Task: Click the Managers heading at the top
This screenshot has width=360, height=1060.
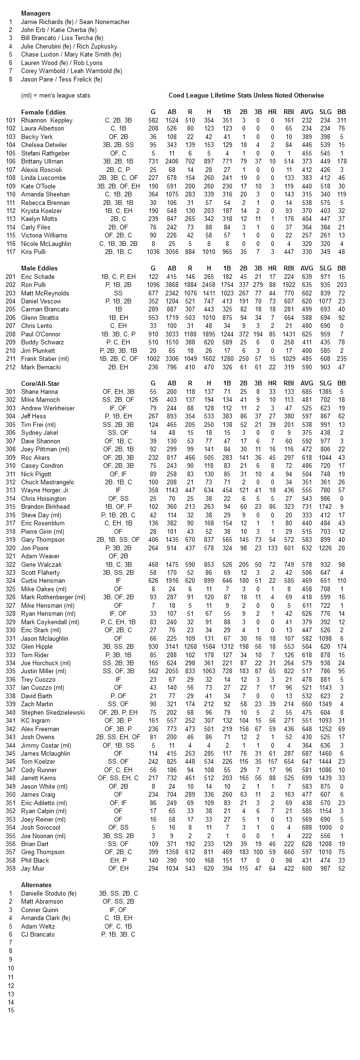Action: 36,14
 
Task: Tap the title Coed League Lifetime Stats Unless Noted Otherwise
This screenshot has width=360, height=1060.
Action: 246,96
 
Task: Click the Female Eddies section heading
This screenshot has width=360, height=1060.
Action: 43,112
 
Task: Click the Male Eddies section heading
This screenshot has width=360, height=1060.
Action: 40,269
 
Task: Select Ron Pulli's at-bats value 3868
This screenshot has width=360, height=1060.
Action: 172,285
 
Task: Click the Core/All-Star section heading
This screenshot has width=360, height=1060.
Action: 40,383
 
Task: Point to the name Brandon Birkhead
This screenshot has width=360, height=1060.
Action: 45,507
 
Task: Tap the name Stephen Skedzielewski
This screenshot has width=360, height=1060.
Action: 53,712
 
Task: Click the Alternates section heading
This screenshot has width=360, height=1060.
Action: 36,885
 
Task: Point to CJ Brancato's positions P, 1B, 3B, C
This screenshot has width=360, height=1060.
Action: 118,934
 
